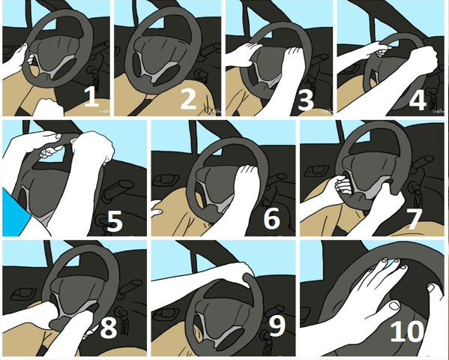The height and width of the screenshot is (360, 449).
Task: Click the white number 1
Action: (x=91, y=97)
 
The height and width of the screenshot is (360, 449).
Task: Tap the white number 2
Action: (x=188, y=99)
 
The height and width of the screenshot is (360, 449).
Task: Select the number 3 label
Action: (x=306, y=100)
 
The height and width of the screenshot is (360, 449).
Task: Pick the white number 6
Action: (x=271, y=218)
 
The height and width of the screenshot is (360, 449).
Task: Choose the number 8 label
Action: (x=109, y=328)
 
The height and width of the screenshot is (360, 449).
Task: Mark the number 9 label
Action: (x=277, y=326)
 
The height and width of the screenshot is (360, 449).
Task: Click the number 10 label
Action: (x=407, y=331)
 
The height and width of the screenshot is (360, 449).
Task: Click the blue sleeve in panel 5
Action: (x=16, y=212)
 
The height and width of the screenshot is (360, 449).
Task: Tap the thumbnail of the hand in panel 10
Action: (x=395, y=305)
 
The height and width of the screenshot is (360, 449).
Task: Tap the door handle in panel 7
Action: (x=314, y=171)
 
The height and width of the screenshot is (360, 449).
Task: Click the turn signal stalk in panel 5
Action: (x=118, y=190)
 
